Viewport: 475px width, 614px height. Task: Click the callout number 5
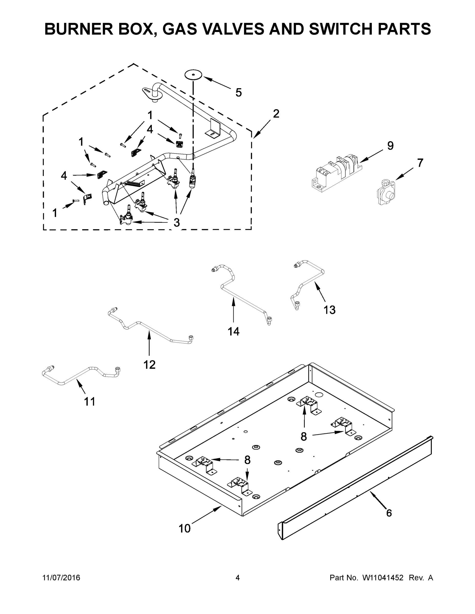(x=238, y=93)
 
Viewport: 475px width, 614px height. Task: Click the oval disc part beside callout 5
(x=193, y=75)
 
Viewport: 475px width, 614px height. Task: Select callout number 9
(x=390, y=146)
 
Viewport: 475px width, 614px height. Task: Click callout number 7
(x=420, y=163)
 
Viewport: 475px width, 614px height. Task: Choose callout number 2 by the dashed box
(x=276, y=114)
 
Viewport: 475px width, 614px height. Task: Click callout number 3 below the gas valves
(x=176, y=222)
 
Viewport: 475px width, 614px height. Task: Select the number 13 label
(x=330, y=310)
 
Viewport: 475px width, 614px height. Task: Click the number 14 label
(x=234, y=332)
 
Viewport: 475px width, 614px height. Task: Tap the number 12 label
(x=150, y=365)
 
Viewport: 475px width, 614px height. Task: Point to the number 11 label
(x=90, y=401)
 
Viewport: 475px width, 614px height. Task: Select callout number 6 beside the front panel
(x=389, y=513)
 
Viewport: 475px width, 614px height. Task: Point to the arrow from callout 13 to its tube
(x=320, y=292)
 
